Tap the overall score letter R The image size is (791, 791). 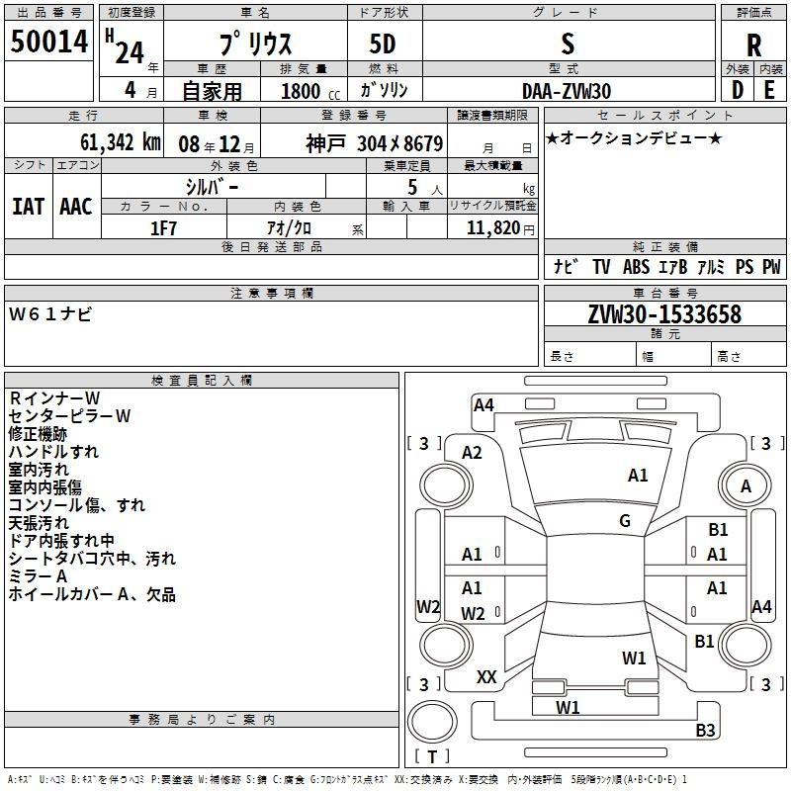[753, 44]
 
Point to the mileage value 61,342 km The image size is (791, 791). [107, 141]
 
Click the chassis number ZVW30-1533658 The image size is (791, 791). [663, 315]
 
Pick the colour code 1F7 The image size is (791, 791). [163, 228]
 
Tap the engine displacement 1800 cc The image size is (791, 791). [303, 91]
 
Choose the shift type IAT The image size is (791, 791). [28, 206]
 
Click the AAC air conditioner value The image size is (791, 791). [76, 206]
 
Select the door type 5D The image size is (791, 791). [385, 44]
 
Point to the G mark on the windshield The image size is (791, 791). [625, 521]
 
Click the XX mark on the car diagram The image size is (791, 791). [486, 677]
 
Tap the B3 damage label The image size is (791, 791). [705, 731]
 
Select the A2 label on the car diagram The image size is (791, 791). [473, 453]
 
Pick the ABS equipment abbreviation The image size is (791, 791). [637, 267]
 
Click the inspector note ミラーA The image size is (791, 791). [38, 575]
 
